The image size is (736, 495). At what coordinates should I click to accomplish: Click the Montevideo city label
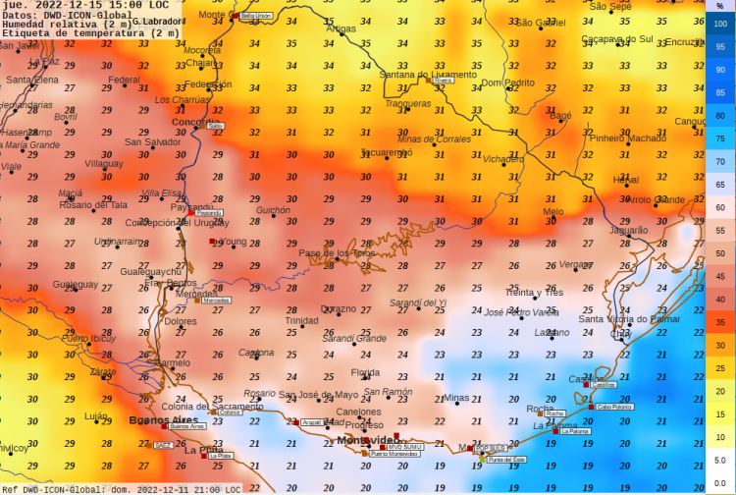369,439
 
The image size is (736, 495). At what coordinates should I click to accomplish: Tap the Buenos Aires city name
157,420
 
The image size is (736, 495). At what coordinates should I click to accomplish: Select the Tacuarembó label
386,152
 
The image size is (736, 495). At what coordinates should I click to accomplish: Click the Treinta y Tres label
534,293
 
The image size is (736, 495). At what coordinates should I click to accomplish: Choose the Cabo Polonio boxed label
614,406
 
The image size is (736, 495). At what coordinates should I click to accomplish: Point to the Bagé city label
560,116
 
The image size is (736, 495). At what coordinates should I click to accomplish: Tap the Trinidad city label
301,320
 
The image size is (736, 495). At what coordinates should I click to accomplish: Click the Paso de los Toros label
337,253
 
